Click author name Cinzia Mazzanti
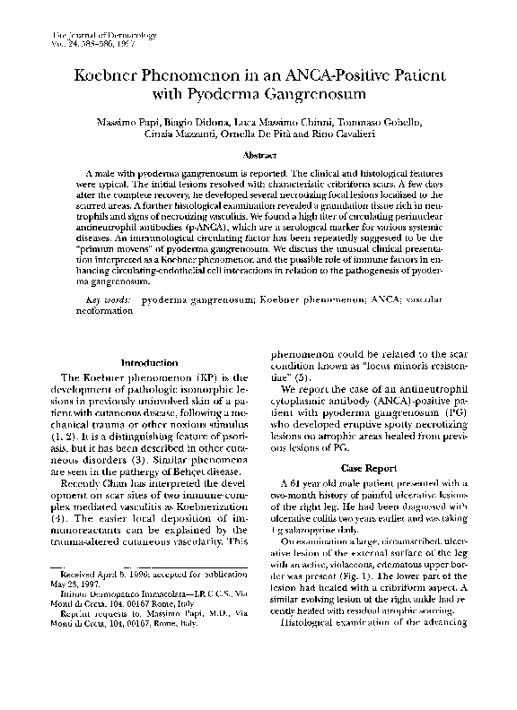click(179, 134)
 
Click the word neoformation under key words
click(106, 315)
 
